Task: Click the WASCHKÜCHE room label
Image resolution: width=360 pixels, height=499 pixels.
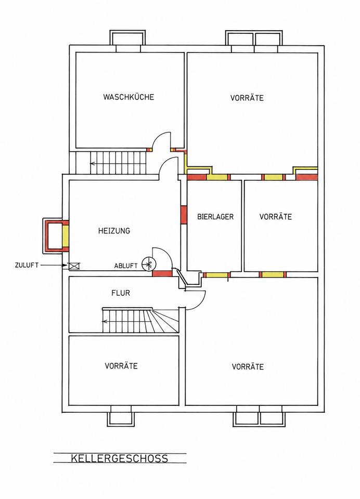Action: [128, 97]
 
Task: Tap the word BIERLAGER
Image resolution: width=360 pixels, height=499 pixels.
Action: [215, 217]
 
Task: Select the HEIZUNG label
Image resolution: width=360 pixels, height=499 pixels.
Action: [114, 231]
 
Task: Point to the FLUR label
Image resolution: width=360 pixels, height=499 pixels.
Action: [121, 293]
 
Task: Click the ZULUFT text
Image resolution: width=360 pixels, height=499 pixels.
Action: [27, 265]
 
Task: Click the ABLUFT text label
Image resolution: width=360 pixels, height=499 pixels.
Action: [126, 266]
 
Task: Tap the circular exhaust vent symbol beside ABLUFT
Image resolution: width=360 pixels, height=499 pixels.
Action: [148, 264]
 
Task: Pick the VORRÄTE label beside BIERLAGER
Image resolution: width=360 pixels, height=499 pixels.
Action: [276, 217]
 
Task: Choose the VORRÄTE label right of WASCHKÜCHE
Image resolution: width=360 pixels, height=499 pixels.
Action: [247, 98]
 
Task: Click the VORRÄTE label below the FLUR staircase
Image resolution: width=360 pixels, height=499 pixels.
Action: [121, 366]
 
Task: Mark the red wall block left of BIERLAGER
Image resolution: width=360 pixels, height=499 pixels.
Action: [184, 215]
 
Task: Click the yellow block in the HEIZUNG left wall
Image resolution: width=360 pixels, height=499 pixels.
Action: [66, 235]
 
